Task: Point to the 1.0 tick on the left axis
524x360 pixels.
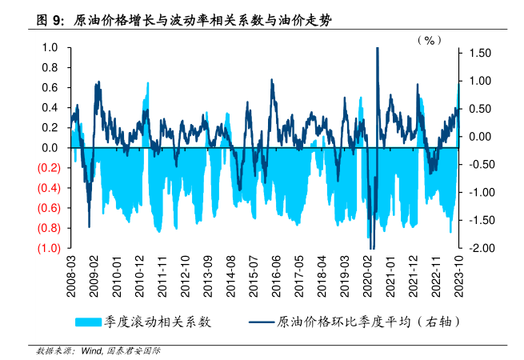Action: click(x=50, y=47)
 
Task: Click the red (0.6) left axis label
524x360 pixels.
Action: click(x=45, y=208)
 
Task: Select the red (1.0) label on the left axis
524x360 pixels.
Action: click(x=45, y=248)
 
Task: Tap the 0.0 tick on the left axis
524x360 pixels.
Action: click(x=50, y=148)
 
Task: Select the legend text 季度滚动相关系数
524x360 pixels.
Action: click(x=157, y=322)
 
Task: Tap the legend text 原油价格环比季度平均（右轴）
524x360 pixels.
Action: click(x=368, y=322)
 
